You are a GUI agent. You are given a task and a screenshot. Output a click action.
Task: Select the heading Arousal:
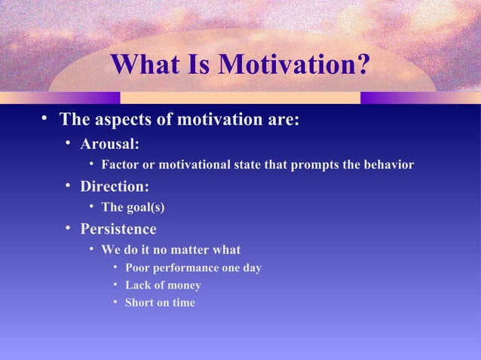coord(109,144)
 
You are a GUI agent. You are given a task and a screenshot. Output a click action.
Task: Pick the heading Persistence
coord(118,229)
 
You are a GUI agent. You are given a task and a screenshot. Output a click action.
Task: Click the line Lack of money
coord(163,285)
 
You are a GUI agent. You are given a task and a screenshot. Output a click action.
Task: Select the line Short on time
coord(160,303)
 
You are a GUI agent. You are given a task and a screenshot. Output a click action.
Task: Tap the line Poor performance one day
coord(193,268)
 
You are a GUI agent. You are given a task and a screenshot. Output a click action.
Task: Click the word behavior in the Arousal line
coord(386,165)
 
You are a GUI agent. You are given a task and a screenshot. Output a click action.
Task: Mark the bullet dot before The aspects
coord(45,118)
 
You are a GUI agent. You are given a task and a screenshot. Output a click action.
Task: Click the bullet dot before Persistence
coord(68,228)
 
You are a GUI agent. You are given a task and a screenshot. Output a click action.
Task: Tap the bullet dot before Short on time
coord(115,303)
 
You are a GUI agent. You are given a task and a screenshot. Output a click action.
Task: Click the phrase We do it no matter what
coord(171,249)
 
